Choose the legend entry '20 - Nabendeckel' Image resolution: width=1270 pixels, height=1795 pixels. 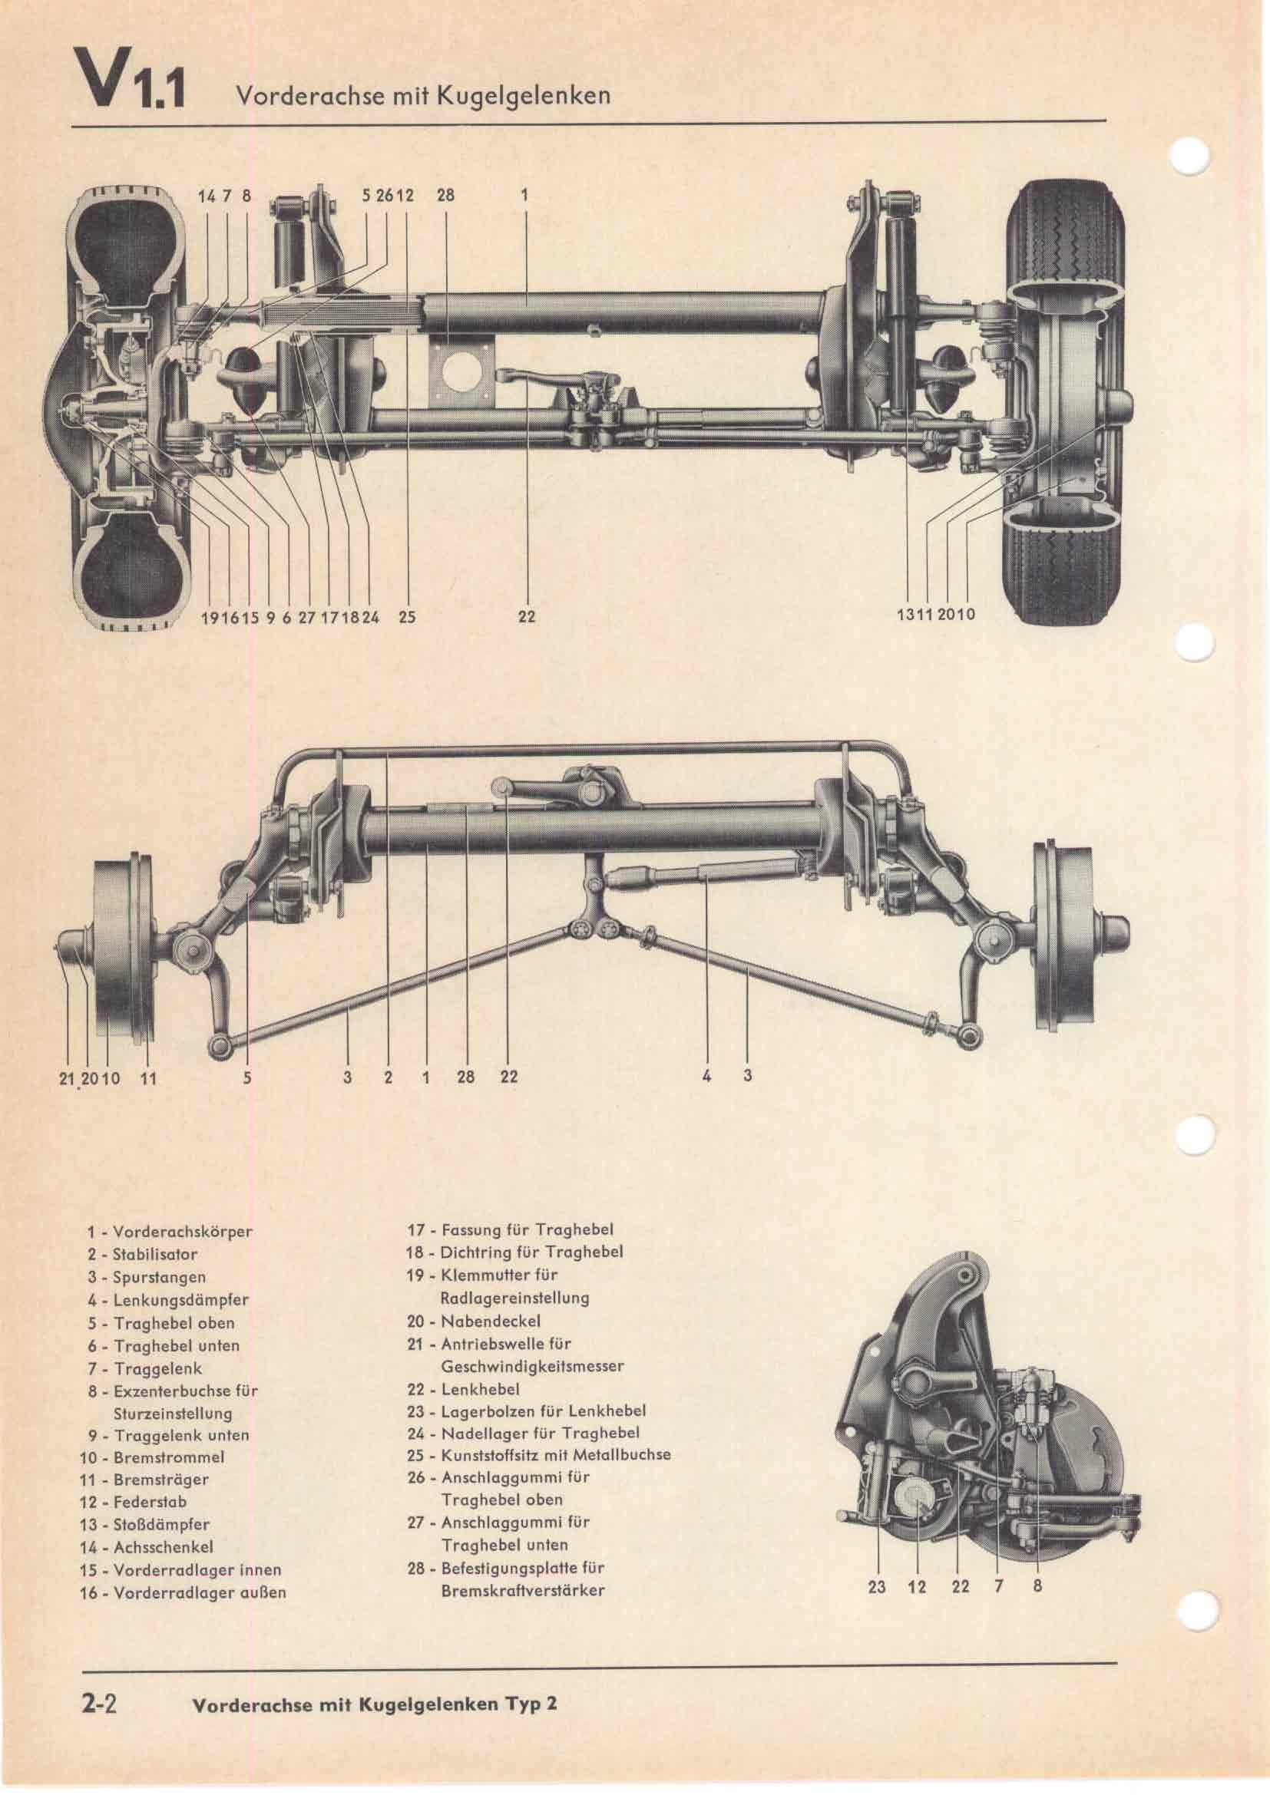pos(473,1322)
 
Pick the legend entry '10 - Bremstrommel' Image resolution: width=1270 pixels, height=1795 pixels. pos(152,1457)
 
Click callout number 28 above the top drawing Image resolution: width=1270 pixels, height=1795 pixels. pos(445,196)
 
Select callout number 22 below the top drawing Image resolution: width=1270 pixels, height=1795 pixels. pos(527,617)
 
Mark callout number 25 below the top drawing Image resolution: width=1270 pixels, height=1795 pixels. pos(407,617)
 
